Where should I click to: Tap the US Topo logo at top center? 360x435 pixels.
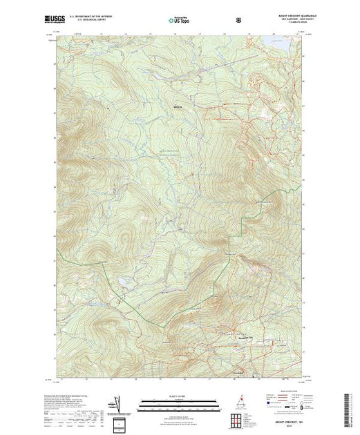(x=179, y=21)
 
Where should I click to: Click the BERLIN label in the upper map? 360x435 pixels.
(x=178, y=107)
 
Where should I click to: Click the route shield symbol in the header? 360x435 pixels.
(x=239, y=20)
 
